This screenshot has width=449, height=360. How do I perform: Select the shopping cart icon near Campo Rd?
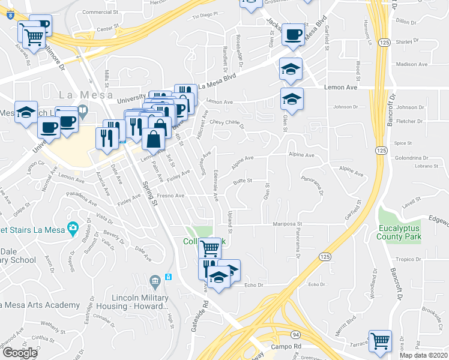coord(380,341)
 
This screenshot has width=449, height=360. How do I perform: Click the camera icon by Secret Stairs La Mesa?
coord(73,227)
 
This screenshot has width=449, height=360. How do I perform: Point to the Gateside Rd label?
coord(201,313)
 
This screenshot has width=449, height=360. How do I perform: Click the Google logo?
coord(20,353)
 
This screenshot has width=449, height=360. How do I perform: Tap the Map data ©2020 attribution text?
coord(423,355)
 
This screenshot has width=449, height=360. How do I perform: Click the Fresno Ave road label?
coord(171,196)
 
